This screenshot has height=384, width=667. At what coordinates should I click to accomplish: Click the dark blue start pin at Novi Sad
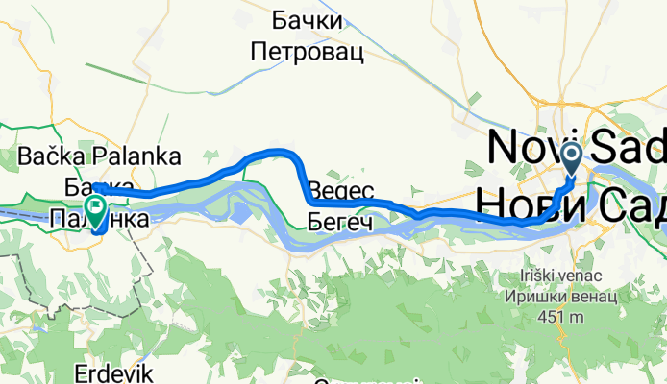570,156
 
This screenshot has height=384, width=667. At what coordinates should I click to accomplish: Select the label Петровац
308,52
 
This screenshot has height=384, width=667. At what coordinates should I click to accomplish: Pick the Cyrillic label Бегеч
341,223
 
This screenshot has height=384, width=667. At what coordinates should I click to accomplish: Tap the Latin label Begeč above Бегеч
340,191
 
